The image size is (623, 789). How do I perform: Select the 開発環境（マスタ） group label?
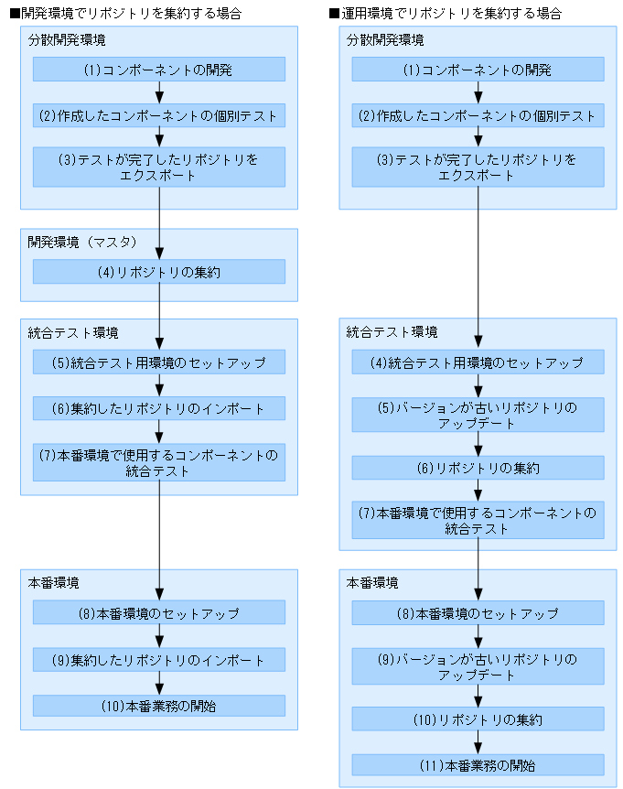point(81,243)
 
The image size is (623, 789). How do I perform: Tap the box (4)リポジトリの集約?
point(159,272)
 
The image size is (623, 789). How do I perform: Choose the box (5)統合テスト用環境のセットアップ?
point(159,362)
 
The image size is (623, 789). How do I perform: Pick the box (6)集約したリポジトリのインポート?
point(159,408)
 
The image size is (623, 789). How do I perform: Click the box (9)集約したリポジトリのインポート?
point(159,660)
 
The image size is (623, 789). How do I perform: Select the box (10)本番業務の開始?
point(159,706)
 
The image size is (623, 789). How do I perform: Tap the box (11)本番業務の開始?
point(478,765)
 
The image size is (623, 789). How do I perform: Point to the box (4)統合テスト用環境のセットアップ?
point(478,362)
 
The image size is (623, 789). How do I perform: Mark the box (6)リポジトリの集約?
point(478,468)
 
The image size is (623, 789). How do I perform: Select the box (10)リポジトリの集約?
point(478,719)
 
